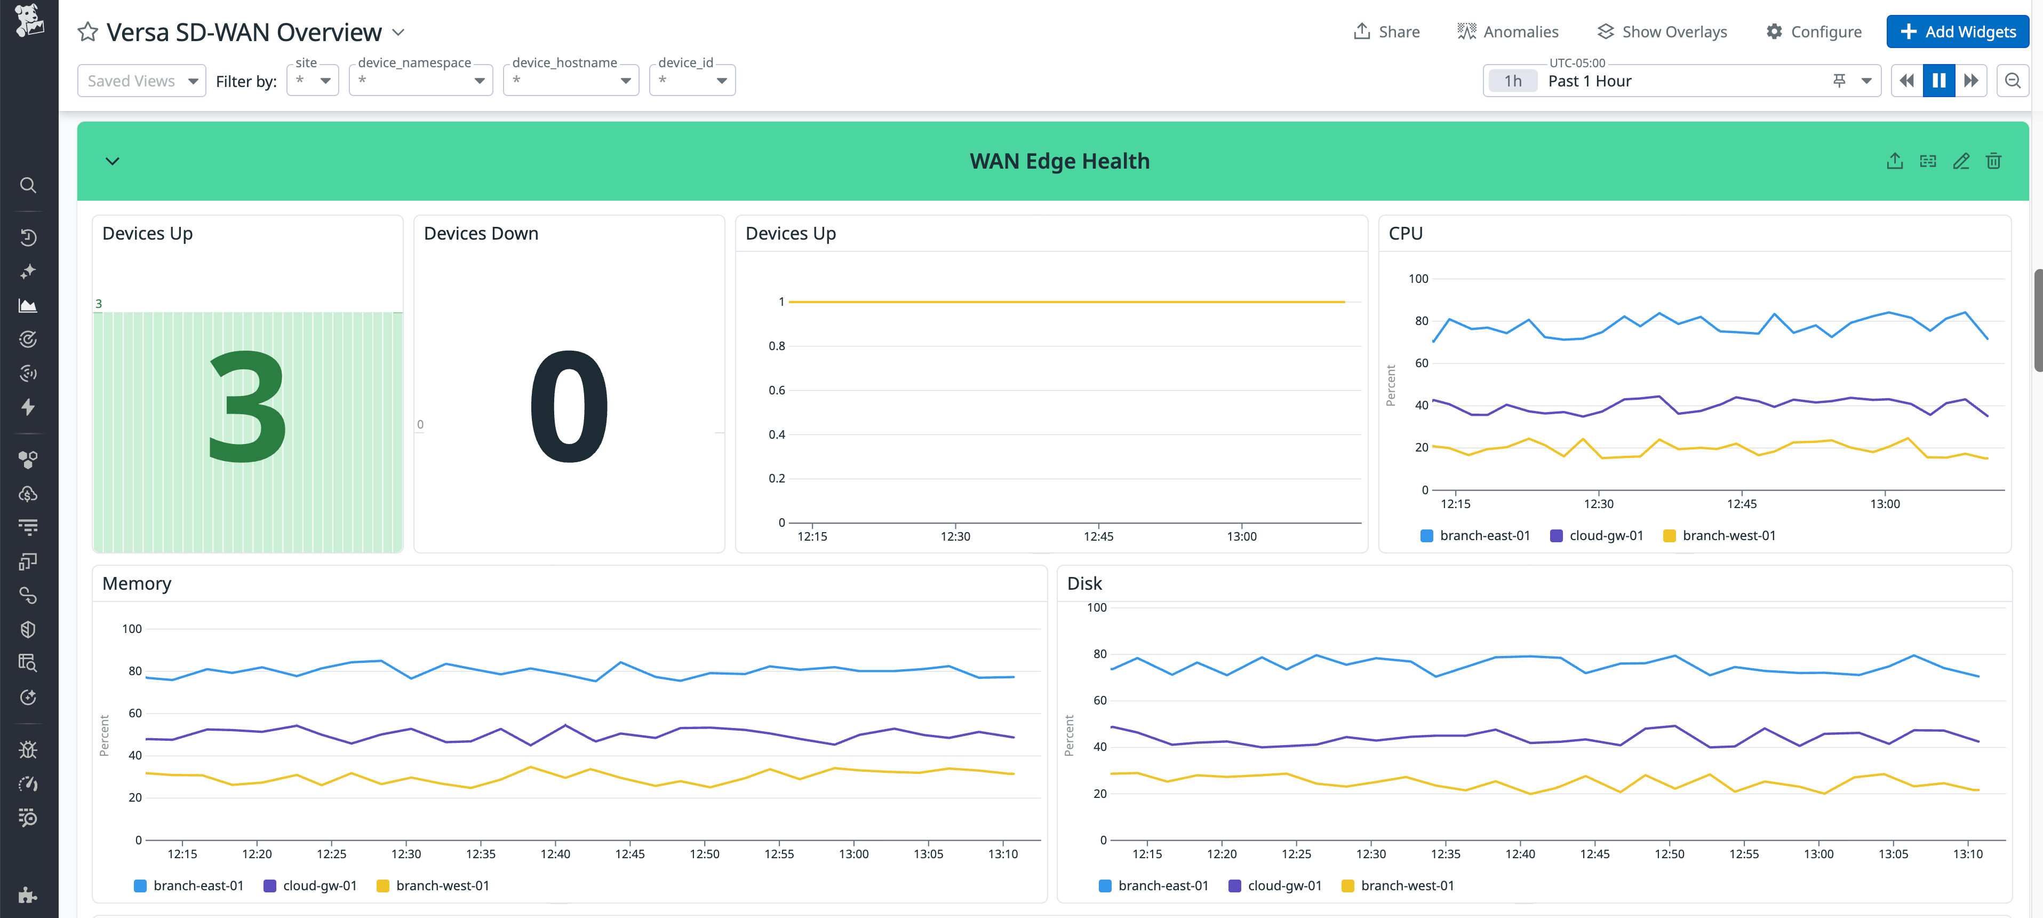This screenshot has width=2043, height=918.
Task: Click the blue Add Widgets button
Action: pos(1957,31)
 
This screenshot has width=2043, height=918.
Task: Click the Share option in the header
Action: pos(1386,31)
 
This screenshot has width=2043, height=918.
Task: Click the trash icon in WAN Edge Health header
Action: pos(1993,161)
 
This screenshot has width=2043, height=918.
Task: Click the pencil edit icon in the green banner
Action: pos(1960,161)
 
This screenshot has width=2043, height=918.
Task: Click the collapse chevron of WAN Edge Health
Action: pos(113,161)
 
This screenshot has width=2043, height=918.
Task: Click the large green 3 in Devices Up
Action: pos(246,407)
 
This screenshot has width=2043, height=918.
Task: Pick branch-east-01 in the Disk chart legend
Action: pos(1153,885)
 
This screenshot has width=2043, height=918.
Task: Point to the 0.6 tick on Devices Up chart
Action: pos(777,390)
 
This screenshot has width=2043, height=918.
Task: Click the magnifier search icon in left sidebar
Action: pos(28,185)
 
